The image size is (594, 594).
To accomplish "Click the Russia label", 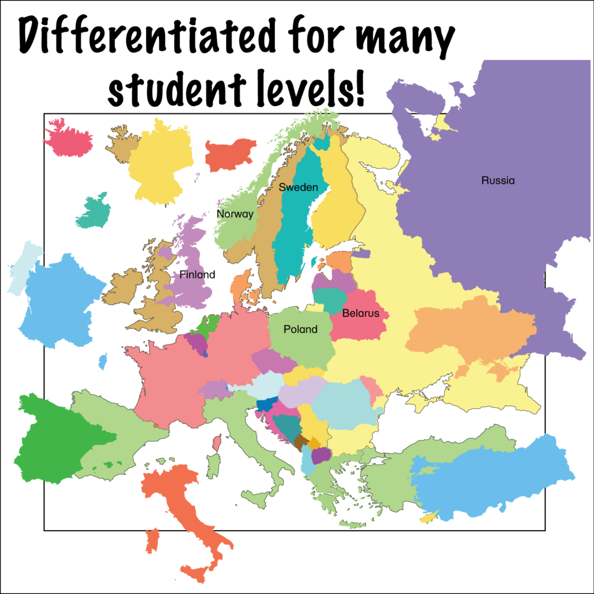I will point(498,180).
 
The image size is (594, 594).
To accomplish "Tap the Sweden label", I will point(298,187).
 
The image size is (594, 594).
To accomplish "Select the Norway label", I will point(235,214).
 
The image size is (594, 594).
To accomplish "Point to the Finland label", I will point(197,274).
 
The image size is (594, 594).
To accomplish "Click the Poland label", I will point(300,329).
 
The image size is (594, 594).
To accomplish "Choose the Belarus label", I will point(360,314).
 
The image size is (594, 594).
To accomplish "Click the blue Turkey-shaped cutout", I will point(493,476).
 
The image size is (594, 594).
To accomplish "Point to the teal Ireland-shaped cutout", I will point(93,212).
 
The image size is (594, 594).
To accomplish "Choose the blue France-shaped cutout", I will point(58,302).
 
